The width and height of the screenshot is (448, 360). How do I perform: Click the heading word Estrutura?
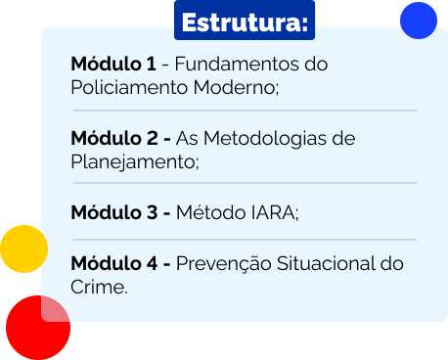tap(245, 22)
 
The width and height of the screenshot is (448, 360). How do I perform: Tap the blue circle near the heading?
tap(419, 21)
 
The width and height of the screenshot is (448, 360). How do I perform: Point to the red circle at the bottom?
tap(38, 327)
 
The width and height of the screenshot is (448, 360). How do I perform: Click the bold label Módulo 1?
tap(113, 65)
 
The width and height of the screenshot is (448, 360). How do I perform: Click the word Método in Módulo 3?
tap(208, 211)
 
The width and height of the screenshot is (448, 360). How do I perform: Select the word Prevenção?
tap(224, 263)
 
